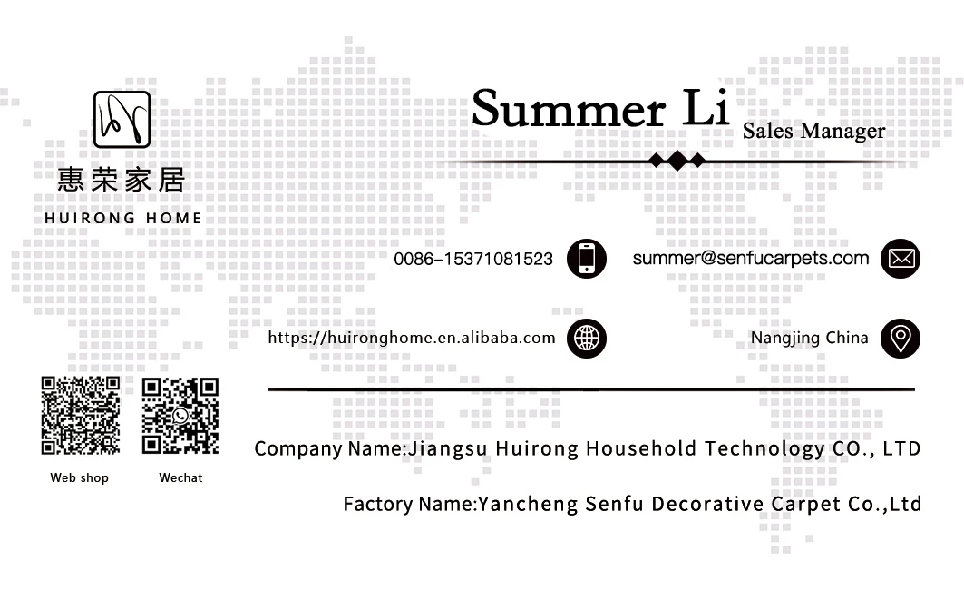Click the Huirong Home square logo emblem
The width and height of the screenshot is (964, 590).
click(122, 120)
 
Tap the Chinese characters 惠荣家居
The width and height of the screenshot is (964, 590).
click(121, 180)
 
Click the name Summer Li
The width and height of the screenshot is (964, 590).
click(600, 109)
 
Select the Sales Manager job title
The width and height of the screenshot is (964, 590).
click(813, 132)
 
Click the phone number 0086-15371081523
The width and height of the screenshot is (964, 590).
click(472, 259)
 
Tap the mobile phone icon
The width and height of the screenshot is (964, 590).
click(586, 259)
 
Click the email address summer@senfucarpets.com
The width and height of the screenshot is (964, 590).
click(750, 258)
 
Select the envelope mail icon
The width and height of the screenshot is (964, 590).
click(900, 259)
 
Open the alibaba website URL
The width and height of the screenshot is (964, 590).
click(411, 338)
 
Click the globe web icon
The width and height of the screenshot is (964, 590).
click(586, 339)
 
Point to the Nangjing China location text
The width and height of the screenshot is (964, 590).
click(809, 338)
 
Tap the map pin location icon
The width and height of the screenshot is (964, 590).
click(900, 339)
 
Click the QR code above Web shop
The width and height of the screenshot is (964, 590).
click(81, 415)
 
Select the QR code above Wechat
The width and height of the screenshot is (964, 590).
click(180, 415)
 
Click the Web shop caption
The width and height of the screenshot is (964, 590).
click(79, 477)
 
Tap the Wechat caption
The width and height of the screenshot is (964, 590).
click(180, 477)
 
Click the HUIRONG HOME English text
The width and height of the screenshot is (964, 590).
click(122, 218)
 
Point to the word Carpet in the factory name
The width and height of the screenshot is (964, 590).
click(806, 504)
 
